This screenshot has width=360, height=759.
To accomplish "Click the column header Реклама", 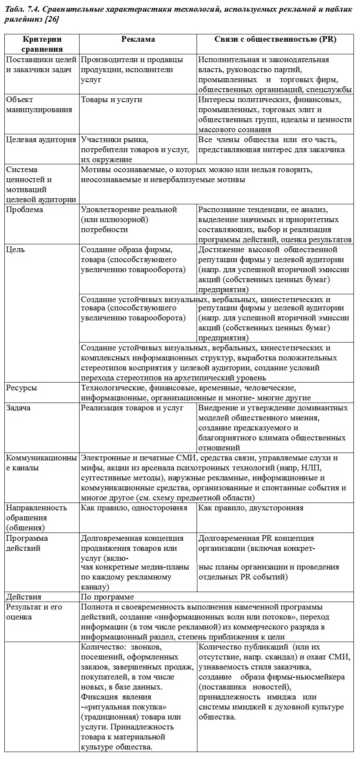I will click(138, 39).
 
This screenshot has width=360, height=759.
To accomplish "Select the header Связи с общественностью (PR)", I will click(275, 39).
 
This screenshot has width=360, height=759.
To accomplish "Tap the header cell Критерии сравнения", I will click(42, 44).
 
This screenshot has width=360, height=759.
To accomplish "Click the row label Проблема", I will click(25, 210).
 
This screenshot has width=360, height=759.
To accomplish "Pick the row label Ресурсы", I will click(21, 388).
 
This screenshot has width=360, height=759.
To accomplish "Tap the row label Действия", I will click(24, 597).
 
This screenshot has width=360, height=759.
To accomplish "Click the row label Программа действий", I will click(27, 543).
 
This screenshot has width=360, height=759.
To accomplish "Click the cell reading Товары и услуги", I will click(111, 100).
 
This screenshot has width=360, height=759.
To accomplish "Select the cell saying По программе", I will click(107, 597).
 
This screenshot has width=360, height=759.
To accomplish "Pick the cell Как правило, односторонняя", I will click(134, 508).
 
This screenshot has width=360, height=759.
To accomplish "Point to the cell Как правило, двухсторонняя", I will click(251, 508).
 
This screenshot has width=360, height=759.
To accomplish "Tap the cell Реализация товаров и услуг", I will click(132, 408).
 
